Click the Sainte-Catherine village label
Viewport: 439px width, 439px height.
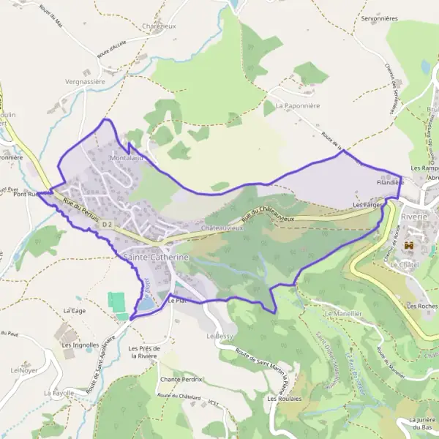[x=157, y=258]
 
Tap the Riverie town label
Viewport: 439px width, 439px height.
[x=415, y=217]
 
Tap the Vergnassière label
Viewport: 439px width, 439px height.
[x=86, y=82]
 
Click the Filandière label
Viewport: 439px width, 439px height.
[x=390, y=181]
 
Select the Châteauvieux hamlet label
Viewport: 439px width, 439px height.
[x=220, y=228]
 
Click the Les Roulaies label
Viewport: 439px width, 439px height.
[x=282, y=399]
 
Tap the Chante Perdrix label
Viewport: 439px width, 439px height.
[x=181, y=380]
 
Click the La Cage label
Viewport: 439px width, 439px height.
[x=75, y=310]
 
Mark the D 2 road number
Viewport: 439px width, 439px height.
[x=108, y=224]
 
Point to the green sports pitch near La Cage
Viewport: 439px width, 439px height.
[x=116, y=301]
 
